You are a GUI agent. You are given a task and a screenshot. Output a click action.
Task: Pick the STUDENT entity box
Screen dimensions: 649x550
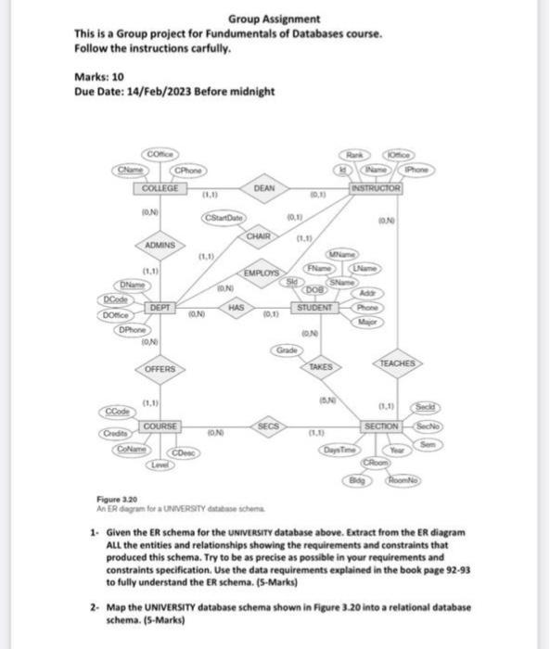tap(315, 306)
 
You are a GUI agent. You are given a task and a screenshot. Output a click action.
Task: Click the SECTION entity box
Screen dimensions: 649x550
tap(381, 425)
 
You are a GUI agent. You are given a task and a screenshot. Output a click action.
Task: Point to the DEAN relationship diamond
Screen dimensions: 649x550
tap(263, 188)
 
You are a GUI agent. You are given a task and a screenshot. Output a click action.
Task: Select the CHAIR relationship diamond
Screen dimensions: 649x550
tap(259, 237)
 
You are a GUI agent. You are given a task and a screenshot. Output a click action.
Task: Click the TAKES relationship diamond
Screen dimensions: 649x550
tap(320, 368)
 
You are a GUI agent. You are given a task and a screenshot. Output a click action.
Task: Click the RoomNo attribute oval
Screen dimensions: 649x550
tap(400, 480)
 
